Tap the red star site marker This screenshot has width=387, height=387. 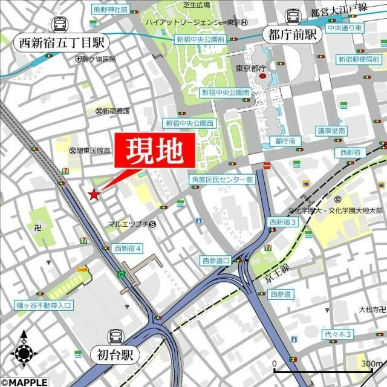tap(94, 194)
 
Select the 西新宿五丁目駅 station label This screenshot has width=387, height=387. tap(61, 42)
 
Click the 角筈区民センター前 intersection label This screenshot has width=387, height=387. tap(222, 180)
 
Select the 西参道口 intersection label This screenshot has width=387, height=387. tap(216, 261)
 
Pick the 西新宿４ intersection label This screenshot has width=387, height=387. tap(128, 248)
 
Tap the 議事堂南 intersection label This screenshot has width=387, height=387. tap(331, 131)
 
